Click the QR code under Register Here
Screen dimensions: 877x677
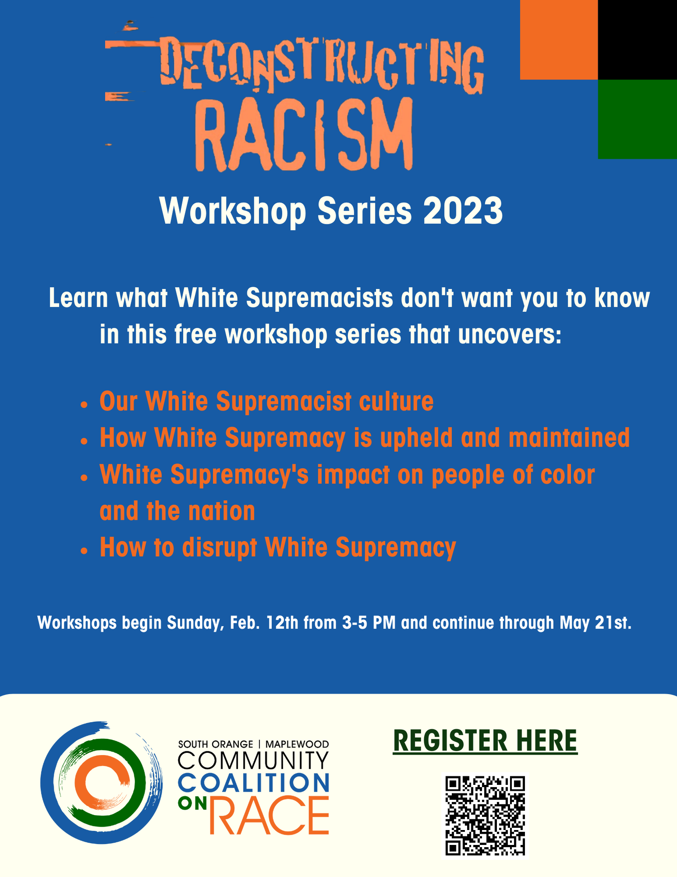[x=485, y=816]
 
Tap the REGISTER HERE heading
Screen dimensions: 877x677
[x=485, y=741]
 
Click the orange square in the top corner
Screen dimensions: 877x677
[x=559, y=40]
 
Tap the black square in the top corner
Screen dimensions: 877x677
[x=637, y=40]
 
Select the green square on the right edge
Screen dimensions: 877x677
[x=637, y=119]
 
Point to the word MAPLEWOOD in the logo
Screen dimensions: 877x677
[x=297, y=744]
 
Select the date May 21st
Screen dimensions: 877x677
[x=595, y=623]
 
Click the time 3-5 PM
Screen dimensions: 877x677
[x=369, y=623]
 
